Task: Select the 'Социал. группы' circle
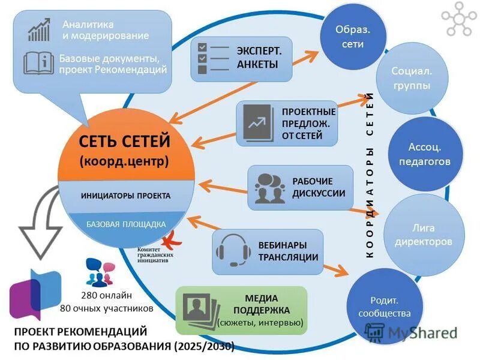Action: tap(410, 79)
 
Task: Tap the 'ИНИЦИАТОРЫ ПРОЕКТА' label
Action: tap(125, 196)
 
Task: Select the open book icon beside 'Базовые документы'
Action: tap(38, 64)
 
